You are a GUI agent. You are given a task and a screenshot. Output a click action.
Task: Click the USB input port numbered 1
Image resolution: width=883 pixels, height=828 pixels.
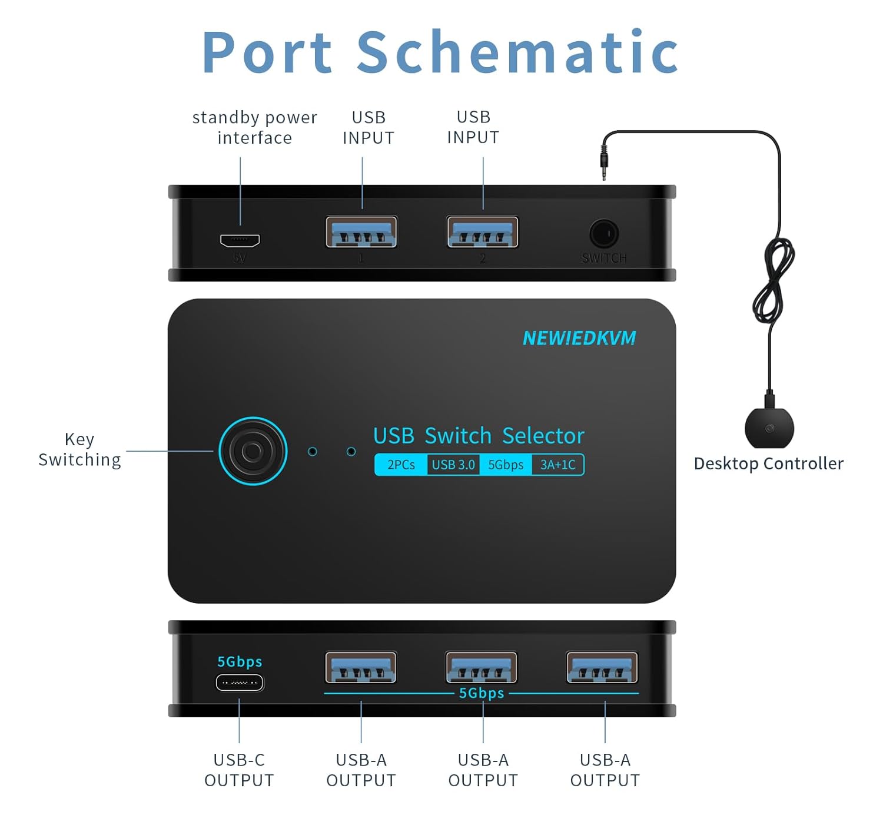click(x=361, y=232)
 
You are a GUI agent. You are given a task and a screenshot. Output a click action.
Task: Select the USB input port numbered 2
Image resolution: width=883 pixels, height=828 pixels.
click(x=482, y=232)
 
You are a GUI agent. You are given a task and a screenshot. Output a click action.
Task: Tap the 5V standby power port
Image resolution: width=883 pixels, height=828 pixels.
click(x=240, y=240)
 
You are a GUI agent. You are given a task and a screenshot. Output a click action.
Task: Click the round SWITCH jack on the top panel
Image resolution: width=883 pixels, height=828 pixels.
click(x=604, y=234)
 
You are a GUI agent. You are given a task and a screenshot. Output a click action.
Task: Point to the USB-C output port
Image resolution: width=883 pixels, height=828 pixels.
click(x=240, y=683)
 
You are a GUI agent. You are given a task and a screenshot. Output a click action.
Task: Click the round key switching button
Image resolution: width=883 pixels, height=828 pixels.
click(x=253, y=451)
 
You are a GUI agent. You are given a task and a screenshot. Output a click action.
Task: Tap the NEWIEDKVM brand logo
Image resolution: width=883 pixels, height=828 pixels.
click(x=579, y=338)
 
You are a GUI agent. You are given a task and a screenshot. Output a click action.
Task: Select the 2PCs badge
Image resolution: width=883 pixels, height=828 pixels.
click(x=401, y=465)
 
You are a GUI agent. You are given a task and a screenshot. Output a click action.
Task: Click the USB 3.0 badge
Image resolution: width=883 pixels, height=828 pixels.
click(x=453, y=465)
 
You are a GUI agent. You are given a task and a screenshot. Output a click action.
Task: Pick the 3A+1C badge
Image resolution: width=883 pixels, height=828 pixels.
click(x=557, y=465)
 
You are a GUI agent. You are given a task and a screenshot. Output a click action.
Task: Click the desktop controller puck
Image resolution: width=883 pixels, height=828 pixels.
click(x=769, y=428)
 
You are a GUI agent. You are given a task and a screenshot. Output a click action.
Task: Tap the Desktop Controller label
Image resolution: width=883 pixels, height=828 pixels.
click(x=768, y=463)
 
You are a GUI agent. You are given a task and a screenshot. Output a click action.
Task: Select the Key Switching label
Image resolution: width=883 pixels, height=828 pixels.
click(x=79, y=449)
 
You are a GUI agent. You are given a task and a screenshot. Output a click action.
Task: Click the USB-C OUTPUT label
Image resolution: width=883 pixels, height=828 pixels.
click(x=239, y=770)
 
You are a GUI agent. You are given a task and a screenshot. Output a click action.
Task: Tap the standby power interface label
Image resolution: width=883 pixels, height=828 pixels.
click(x=254, y=127)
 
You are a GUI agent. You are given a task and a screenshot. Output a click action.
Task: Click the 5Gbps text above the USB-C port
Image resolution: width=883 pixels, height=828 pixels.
click(x=240, y=661)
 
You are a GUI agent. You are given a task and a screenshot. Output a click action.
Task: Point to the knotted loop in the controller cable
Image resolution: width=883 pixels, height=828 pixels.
click(x=774, y=280)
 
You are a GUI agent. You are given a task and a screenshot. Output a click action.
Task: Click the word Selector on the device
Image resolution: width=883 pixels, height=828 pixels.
click(x=543, y=436)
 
